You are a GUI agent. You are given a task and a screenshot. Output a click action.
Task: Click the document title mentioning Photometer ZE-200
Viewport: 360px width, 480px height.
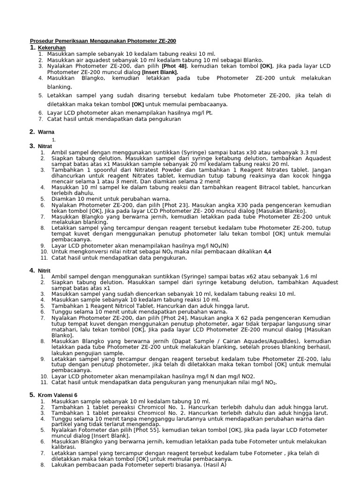tap(103, 41)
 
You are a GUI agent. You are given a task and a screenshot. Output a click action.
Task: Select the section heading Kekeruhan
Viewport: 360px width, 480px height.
tap(52, 48)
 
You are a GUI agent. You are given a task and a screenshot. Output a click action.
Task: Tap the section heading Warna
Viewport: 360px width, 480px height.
tap(46, 132)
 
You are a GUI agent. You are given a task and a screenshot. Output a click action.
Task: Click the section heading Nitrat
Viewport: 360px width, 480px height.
tap(46, 146)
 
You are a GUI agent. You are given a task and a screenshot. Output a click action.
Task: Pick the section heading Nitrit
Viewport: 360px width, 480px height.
tap(45, 271)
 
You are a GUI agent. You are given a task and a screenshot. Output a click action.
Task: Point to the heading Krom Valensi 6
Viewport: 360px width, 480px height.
tap(58, 396)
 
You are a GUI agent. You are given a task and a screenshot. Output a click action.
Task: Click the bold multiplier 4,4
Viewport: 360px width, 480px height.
tap(268, 252)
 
